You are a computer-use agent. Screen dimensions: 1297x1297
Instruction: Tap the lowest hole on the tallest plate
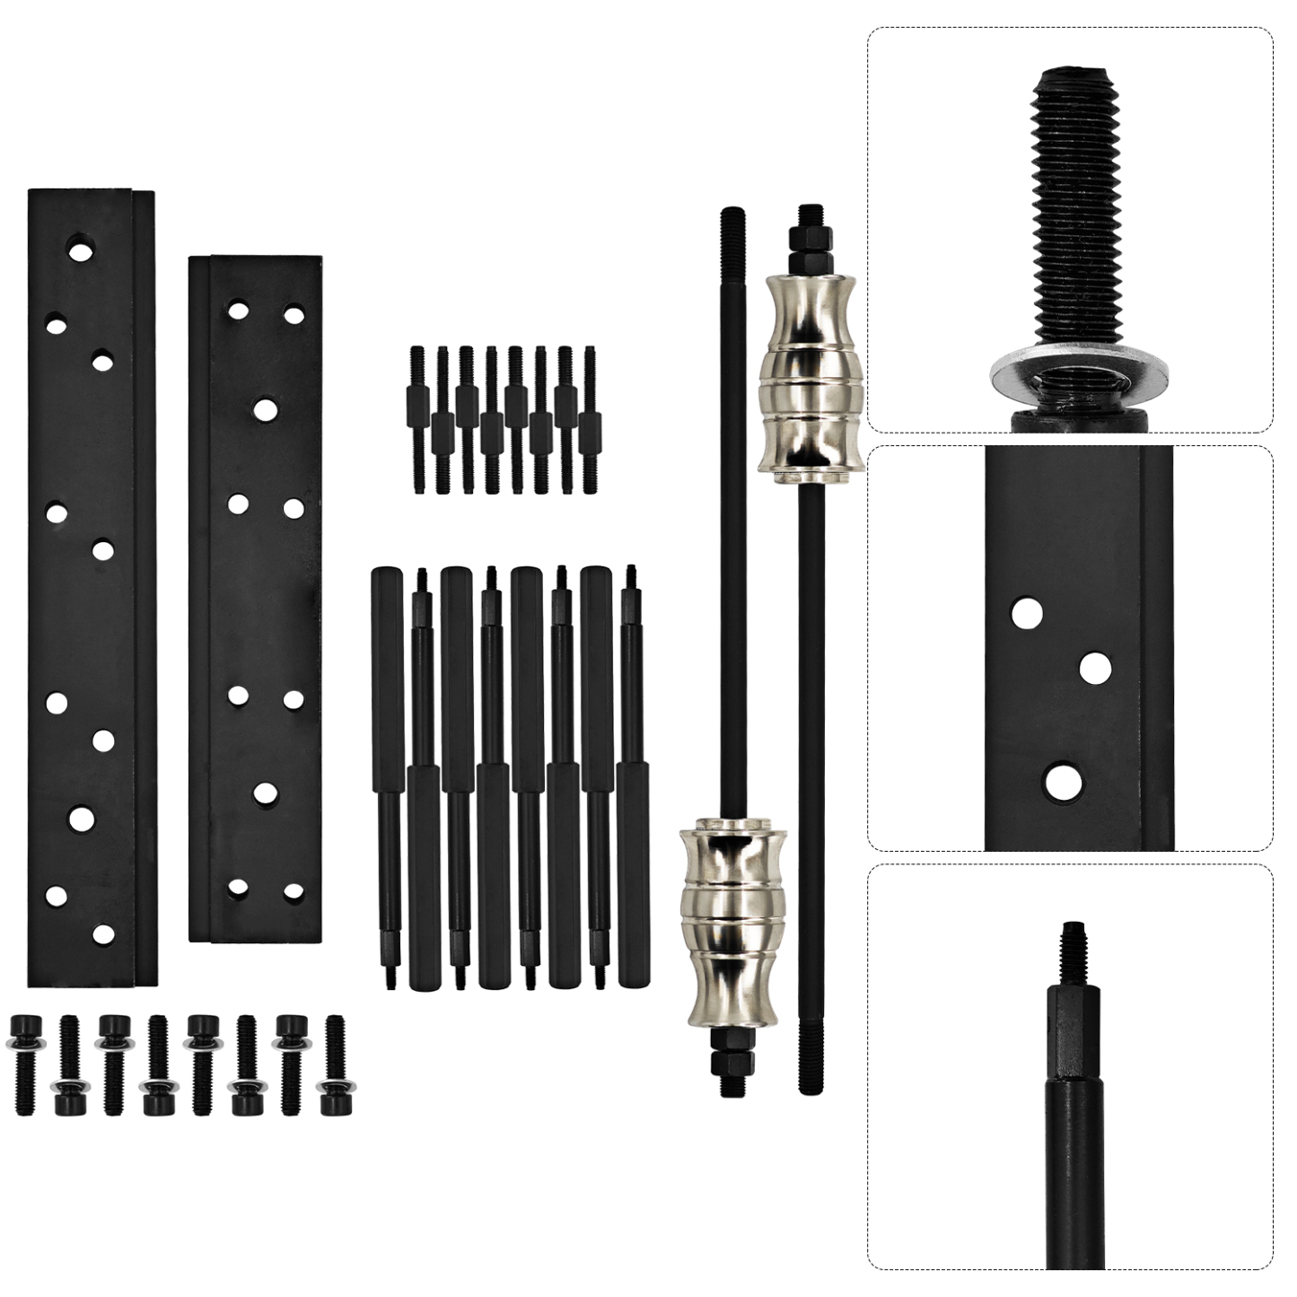(x=104, y=933)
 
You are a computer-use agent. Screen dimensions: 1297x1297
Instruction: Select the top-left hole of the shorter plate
(x=238, y=311)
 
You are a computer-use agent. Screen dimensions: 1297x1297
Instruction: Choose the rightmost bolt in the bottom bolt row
(x=336, y=1064)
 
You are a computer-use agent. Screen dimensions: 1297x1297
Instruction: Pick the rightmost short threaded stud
(x=589, y=420)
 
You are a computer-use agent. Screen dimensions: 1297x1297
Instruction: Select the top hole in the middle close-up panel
(x=1027, y=614)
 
